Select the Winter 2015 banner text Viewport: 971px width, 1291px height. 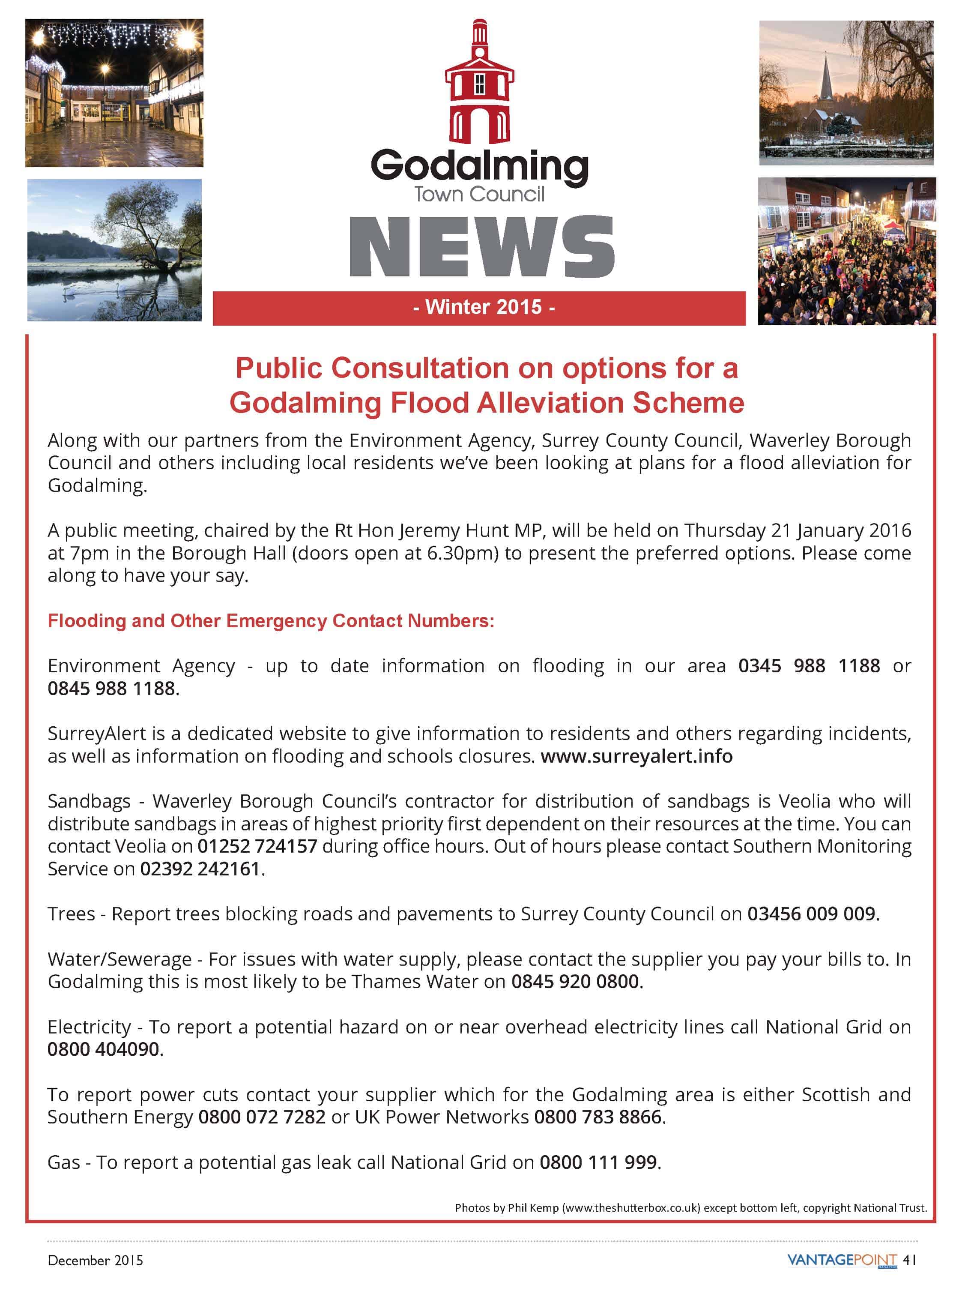point(484,307)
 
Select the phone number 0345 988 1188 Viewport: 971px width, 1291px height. point(809,665)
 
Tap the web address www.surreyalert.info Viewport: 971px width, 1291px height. point(636,756)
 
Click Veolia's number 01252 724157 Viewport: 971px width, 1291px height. point(257,846)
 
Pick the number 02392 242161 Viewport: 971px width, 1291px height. point(200,869)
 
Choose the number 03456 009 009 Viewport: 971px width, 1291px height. point(811,914)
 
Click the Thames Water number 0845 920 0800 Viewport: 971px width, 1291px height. point(575,981)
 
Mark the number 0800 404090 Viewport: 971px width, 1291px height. point(103,1049)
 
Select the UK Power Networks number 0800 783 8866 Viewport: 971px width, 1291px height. point(598,1117)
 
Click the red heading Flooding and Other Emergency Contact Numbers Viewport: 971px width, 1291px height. point(271,620)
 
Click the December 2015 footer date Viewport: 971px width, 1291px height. point(95,1260)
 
